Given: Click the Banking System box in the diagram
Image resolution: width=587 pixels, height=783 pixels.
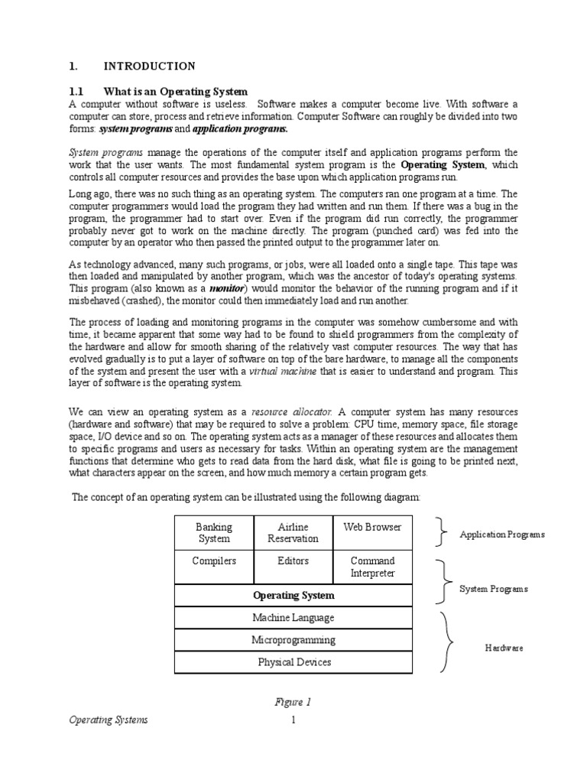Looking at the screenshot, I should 214,532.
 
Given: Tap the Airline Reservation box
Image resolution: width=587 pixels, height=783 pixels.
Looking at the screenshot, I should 293,532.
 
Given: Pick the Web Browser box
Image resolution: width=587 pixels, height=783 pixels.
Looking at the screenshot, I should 372,527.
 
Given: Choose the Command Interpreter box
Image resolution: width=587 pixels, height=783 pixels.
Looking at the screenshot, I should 372,567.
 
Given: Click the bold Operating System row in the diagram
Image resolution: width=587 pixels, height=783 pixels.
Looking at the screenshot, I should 293,595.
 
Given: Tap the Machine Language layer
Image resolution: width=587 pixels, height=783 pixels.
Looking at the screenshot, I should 293,617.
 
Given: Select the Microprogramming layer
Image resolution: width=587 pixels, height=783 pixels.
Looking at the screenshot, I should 293,639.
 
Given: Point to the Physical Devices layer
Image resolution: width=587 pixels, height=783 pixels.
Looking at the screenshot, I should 293,661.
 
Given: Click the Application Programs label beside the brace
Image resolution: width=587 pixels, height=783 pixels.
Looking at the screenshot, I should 501,534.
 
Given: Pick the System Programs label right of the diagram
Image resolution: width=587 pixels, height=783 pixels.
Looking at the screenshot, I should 492,589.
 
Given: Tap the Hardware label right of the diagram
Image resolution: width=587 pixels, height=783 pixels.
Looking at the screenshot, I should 504,648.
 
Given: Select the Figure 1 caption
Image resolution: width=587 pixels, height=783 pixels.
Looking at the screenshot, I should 293,702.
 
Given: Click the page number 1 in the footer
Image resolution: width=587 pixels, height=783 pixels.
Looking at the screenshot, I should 293,720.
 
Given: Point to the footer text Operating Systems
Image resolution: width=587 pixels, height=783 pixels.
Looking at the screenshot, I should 108,720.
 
